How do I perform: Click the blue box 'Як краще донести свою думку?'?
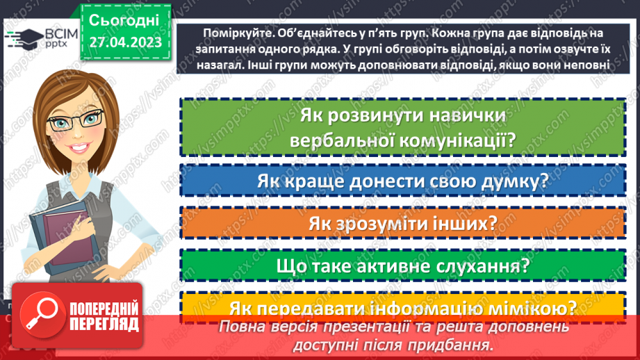click(402, 182)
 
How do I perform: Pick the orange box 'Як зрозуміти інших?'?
click(402, 224)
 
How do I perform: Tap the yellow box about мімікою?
click(402, 306)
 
